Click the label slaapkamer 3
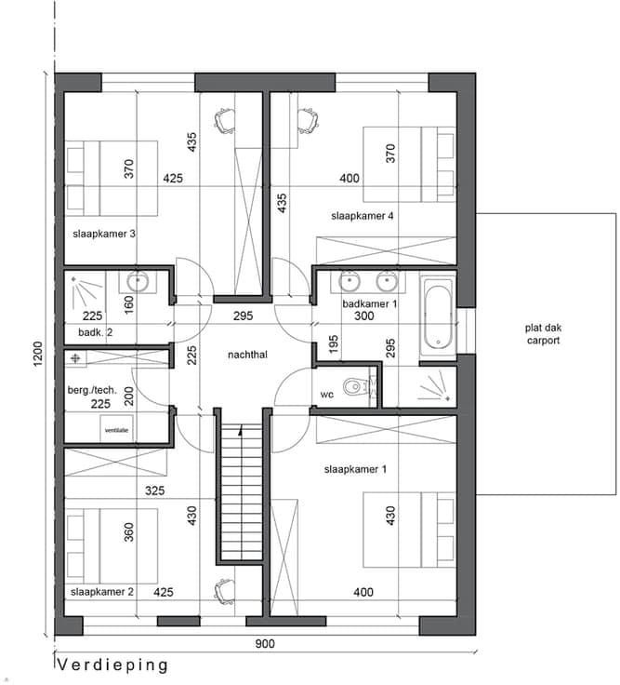104,235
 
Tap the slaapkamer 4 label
363,216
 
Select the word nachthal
247,355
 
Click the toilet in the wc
355,386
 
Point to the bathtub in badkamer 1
438,315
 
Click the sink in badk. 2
138,282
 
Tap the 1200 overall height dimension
38,354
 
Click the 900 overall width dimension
265,644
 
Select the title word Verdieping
112,665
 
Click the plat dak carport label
543,334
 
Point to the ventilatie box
116,428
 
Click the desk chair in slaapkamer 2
224,591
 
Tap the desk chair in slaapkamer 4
308,121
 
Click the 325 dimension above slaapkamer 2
155,491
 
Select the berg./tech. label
92,390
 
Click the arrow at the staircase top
240,430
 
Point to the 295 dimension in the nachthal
243,316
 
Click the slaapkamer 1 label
355,470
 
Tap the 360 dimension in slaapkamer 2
128,532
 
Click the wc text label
327,395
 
